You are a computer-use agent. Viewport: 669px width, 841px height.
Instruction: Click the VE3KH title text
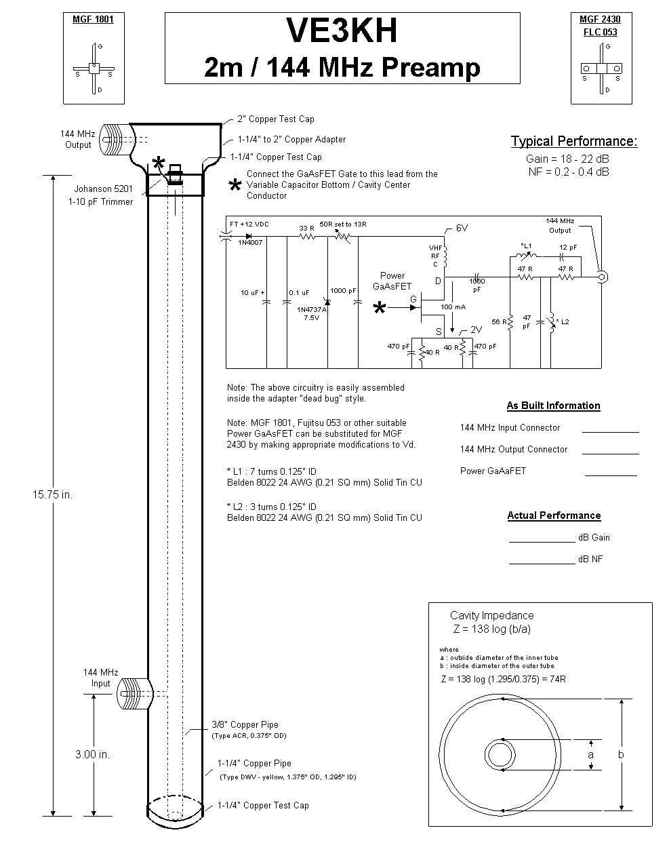click(342, 31)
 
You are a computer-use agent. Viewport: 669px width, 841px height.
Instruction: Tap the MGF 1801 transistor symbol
click(94, 69)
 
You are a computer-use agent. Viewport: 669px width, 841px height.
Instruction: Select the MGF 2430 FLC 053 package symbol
click(601, 69)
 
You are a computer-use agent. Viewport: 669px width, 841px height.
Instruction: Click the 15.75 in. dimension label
click(52, 494)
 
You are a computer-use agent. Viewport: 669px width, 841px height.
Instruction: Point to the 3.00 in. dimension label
click(92, 754)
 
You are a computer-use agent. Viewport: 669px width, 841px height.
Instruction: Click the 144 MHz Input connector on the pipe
click(132, 694)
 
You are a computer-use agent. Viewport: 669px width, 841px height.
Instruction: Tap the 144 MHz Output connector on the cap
click(115, 140)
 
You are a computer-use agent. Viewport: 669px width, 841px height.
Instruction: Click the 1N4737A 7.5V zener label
click(312, 313)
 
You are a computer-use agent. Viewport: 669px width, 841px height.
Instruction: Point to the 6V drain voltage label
click(462, 229)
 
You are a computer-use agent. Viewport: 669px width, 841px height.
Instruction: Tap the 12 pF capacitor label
click(568, 247)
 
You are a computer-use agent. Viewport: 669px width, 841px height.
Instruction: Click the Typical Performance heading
click(573, 142)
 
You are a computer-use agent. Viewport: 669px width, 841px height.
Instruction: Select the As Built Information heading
click(553, 406)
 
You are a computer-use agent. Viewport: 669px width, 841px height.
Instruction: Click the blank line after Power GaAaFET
click(611, 474)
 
